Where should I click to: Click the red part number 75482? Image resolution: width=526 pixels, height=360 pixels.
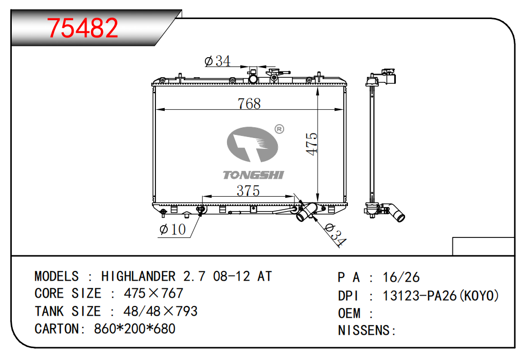(82, 28)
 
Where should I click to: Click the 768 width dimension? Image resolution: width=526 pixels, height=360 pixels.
(249, 104)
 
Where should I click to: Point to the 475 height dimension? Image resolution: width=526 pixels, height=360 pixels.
(312, 144)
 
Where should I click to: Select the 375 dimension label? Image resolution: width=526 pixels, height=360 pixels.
(248, 191)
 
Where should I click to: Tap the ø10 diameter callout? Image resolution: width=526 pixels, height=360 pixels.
(172, 230)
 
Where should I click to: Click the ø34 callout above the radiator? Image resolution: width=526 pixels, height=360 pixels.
(217, 61)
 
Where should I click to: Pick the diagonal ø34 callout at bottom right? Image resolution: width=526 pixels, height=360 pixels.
(336, 234)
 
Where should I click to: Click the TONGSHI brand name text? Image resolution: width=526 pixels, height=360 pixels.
(253, 175)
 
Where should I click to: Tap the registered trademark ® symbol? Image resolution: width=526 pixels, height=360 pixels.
(279, 129)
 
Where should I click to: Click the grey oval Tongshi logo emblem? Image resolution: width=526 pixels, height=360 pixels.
(252, 144)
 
